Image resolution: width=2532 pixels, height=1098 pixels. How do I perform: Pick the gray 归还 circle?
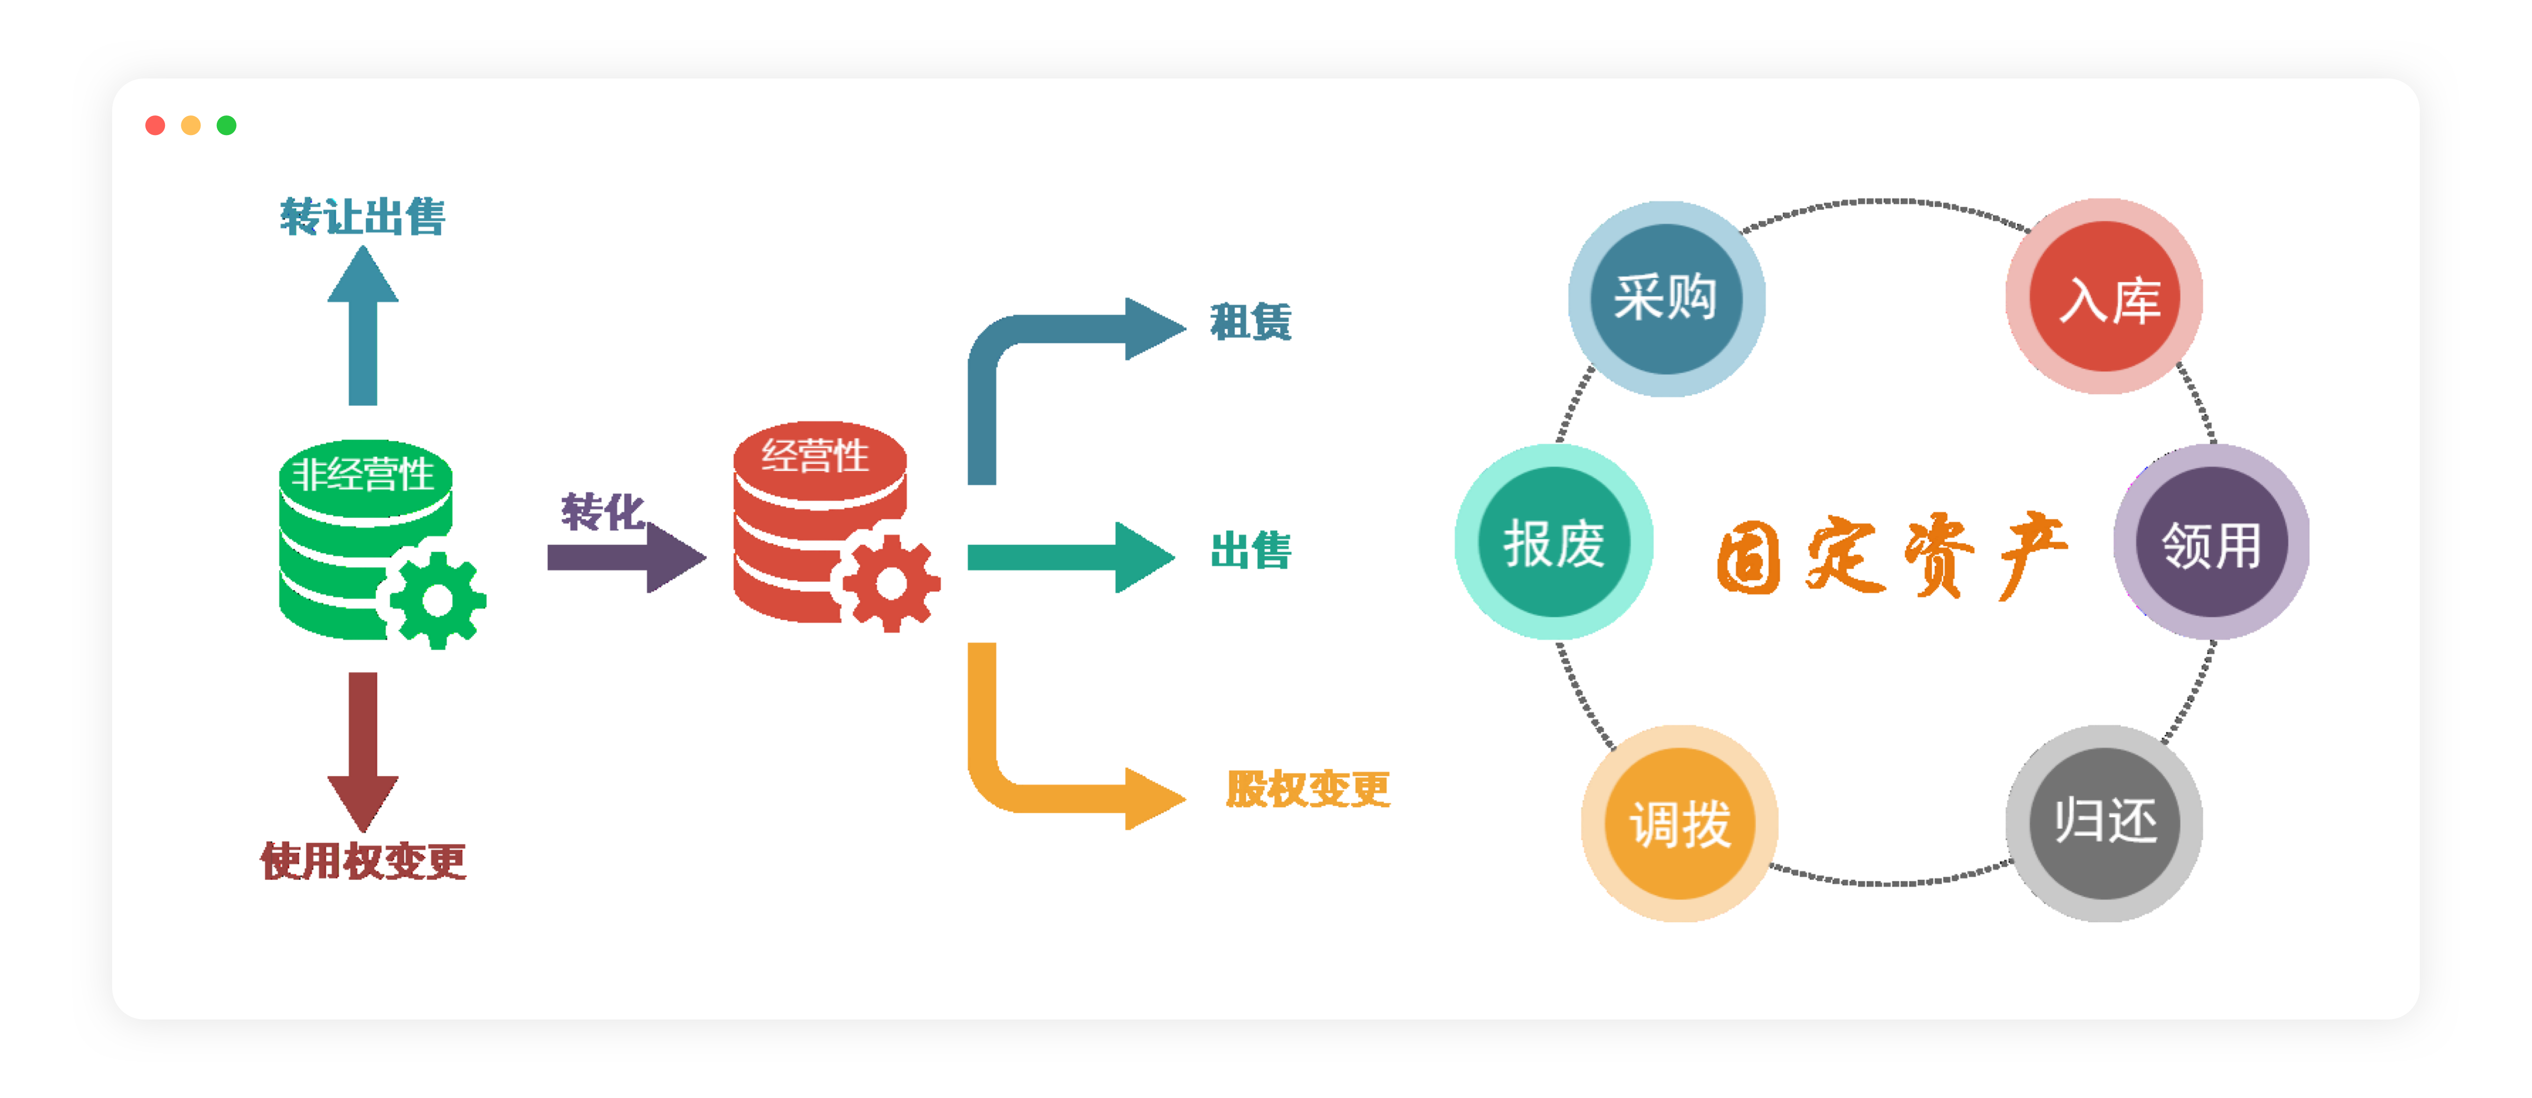coord(2104,823)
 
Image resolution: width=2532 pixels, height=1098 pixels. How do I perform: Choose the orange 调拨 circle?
coord(1680,823)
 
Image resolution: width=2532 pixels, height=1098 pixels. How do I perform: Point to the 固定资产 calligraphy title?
coord(1892,556)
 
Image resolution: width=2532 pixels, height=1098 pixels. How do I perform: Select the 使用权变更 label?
coord(363,861)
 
